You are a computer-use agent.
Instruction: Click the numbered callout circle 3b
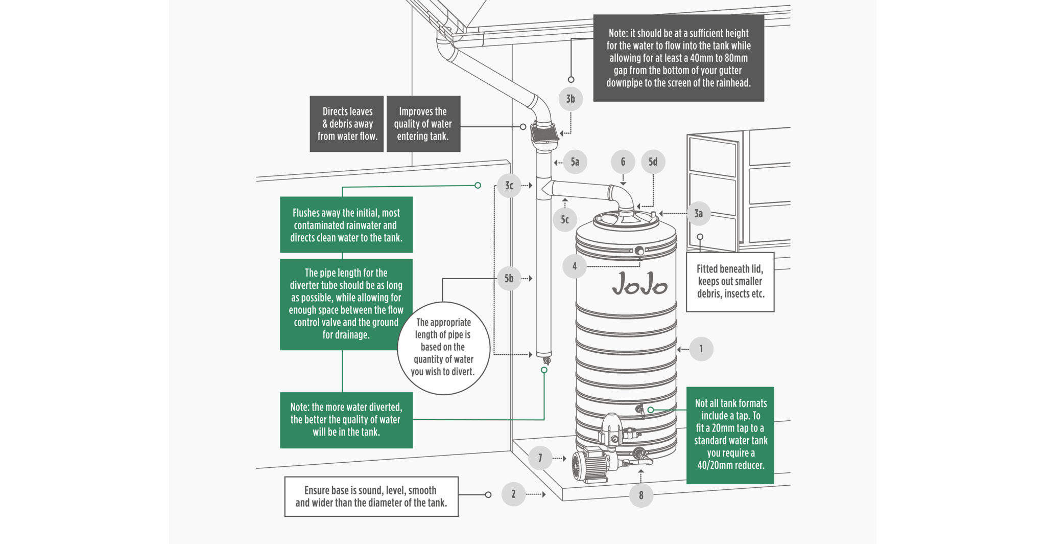pyautogui.click(x=570, y=99)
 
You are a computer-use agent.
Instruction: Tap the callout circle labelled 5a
pyautogui.click(x=575, y=162)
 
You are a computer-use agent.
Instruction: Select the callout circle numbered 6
pyautogui.click(x=623, y=162)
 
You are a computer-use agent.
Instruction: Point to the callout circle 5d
pyautogui.click(x=653, y=162)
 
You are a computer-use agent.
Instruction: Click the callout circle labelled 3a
pyautogui.click(x=698, y=214)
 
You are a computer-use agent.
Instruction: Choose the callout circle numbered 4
pyautogui.click(x=575, y=266)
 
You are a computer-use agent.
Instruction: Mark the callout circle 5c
pyautogui.click(x=565, y=220)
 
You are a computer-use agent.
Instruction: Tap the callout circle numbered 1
pyautogui.click(x=701, y=349)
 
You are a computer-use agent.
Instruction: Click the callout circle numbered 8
pyautogui.click(x=641, y=495)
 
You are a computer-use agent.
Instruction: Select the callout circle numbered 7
pyautogui.click(x=540, y=458)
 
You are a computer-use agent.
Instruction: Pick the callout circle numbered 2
pyautogui.click(x=513, y=494)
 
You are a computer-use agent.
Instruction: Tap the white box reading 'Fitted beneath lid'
pyautogui.click(x=730, y=282)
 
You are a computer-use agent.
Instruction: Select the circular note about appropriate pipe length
pyautogui.click(x=443, y=348)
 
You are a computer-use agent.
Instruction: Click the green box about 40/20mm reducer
pyautogui.click(x=730, y=435)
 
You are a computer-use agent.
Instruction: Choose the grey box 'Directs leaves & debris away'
pyautogui.click(x=347, y=124)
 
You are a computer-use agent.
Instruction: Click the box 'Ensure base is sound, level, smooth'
pyautogui.click(x=371, y=496)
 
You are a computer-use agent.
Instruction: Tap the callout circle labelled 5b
pyautogui.click(x=509, y=279)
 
